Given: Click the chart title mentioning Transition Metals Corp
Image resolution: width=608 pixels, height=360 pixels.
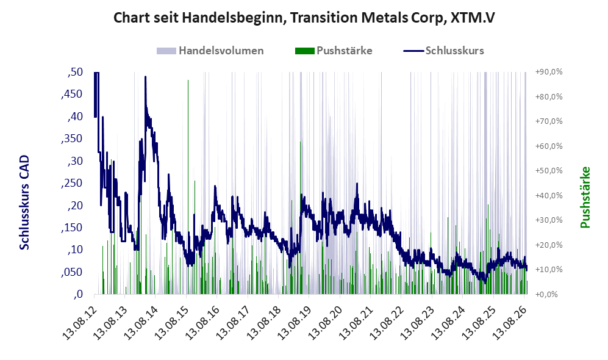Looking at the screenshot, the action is (x=304, y=18).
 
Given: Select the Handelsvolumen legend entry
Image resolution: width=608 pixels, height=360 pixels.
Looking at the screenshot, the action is (x=210, y=51).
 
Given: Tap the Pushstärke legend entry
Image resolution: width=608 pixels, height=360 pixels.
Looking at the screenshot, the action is (x=334, y=51).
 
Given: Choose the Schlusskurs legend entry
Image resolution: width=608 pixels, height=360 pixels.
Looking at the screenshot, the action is (x=443, y=51).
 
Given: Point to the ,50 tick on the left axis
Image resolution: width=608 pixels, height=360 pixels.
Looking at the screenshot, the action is (x=75, y=72).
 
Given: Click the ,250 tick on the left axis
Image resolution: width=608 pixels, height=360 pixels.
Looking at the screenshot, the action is (x=72, y=183).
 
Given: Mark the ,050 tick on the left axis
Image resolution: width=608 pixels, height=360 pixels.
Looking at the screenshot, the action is (x=72, y=272).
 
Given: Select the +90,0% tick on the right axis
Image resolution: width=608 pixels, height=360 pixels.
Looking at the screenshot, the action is (x=549, y=72).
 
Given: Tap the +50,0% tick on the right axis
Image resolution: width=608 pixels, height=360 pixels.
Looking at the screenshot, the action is (x=549, y=171).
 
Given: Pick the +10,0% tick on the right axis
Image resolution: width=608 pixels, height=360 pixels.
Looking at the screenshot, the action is (x=549, y=270).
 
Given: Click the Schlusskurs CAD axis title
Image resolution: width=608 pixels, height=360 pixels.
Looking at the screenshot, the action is (x=24, y=203).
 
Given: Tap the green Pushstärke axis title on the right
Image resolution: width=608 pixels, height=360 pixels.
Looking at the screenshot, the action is (x=585, y=198).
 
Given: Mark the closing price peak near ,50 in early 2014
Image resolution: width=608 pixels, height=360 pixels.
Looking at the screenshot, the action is (x=145, y=77).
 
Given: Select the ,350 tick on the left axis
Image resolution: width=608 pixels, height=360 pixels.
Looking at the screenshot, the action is (x=72, y=139).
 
